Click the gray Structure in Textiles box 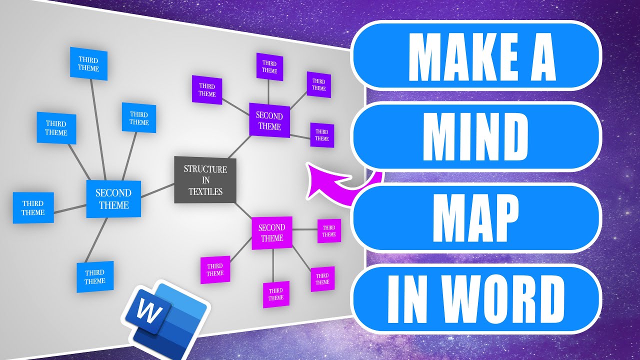coord(205,179)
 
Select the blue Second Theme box coord(113,199)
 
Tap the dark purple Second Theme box coord(269,120)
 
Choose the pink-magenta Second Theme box coord(271,232)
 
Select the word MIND coord(476,136)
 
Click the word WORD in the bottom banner coord(508,298)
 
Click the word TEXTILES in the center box coord(205,191)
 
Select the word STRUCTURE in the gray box coord(205,169)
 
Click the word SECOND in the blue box coord(113,193)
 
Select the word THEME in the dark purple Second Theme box coord(269,126)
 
